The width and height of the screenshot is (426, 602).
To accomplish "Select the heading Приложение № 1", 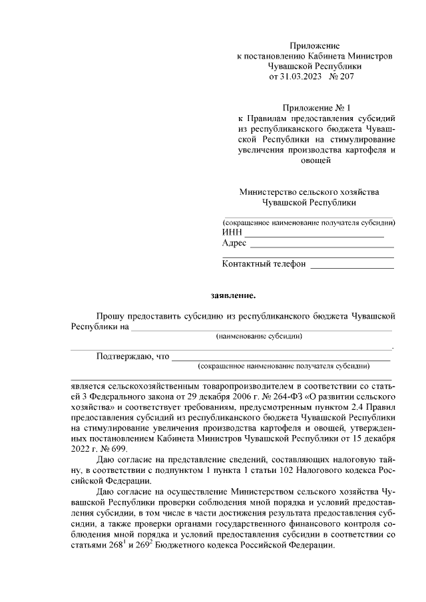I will coord(316,107).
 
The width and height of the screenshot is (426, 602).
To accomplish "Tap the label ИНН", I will coord(232,232).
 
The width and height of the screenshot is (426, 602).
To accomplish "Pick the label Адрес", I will coord(234,243).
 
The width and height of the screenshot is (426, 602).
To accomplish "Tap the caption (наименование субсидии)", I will coord(259,336).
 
